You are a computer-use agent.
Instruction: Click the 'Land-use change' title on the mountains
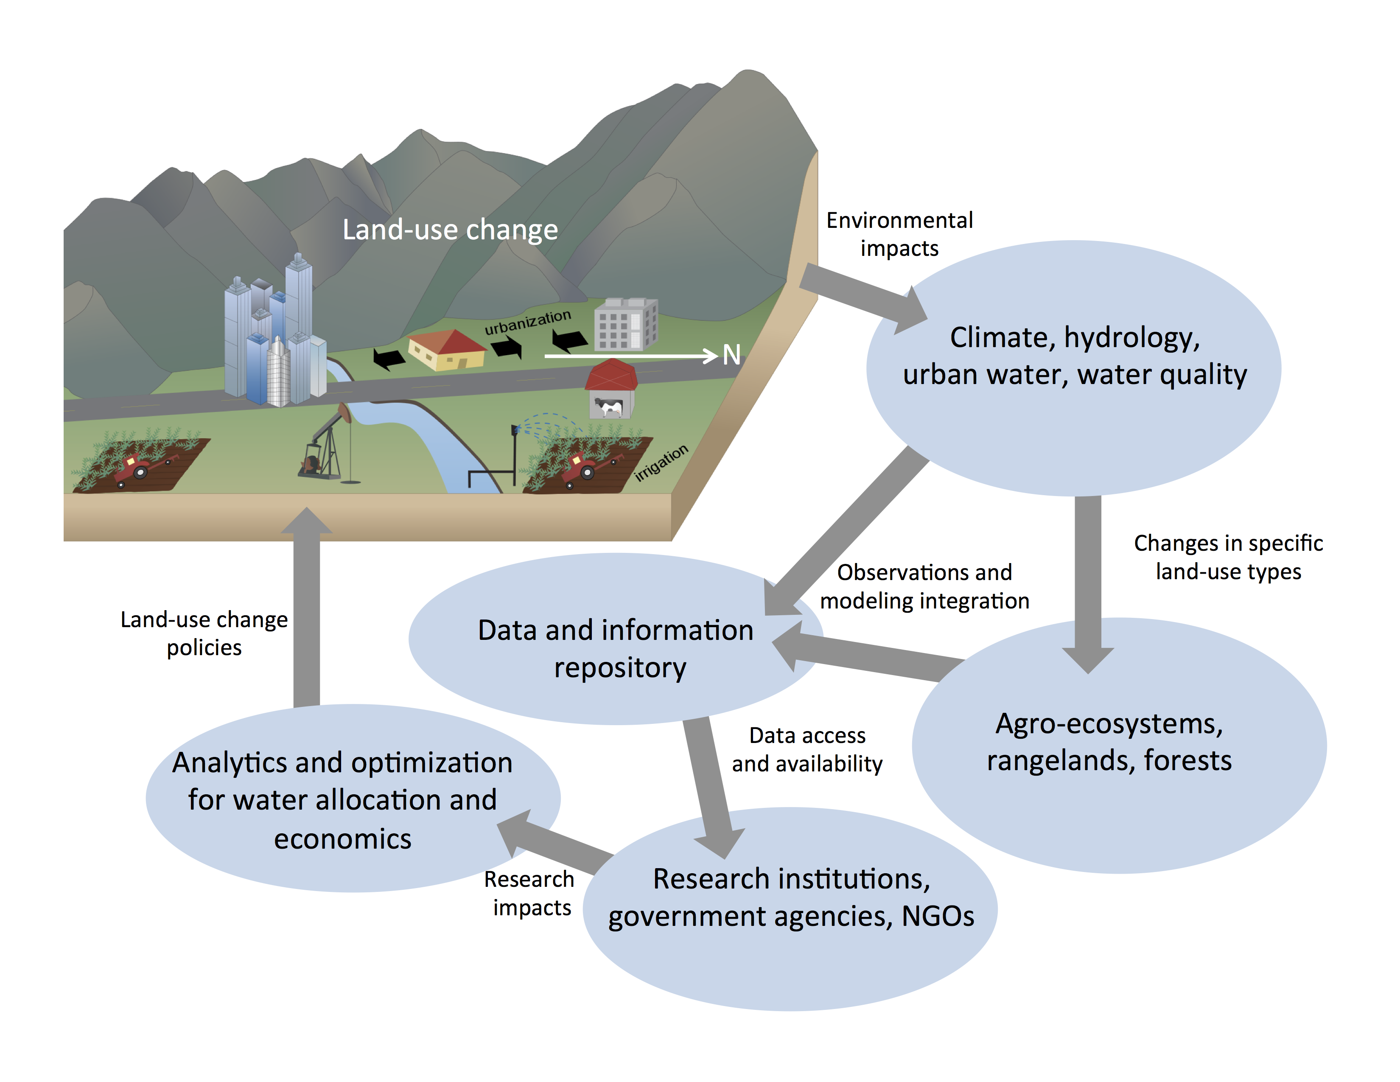(x=450, y=230)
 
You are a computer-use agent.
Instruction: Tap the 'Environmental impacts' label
(x=899, y=234)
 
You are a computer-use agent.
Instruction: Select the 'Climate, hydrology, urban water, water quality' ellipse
(x=1074, y=368)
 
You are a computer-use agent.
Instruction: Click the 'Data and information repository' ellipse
(x=616, y=639)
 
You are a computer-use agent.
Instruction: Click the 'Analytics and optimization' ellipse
(x=353, y=798)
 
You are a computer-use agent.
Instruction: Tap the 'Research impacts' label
(x=529, y=893)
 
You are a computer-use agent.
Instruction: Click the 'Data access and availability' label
(x=807, y=749)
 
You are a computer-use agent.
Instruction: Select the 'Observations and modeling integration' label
(x=924, y=586)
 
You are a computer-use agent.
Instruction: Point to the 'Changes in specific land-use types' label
(x=1228, y=557)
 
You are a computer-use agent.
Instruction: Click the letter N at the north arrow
(x=731, y=354)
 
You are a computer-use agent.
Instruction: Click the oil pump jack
(x=328, y=442)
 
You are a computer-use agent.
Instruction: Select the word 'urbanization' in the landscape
(x=528, y=322)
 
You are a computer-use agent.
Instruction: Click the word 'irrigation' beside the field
(x=661, y=462)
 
